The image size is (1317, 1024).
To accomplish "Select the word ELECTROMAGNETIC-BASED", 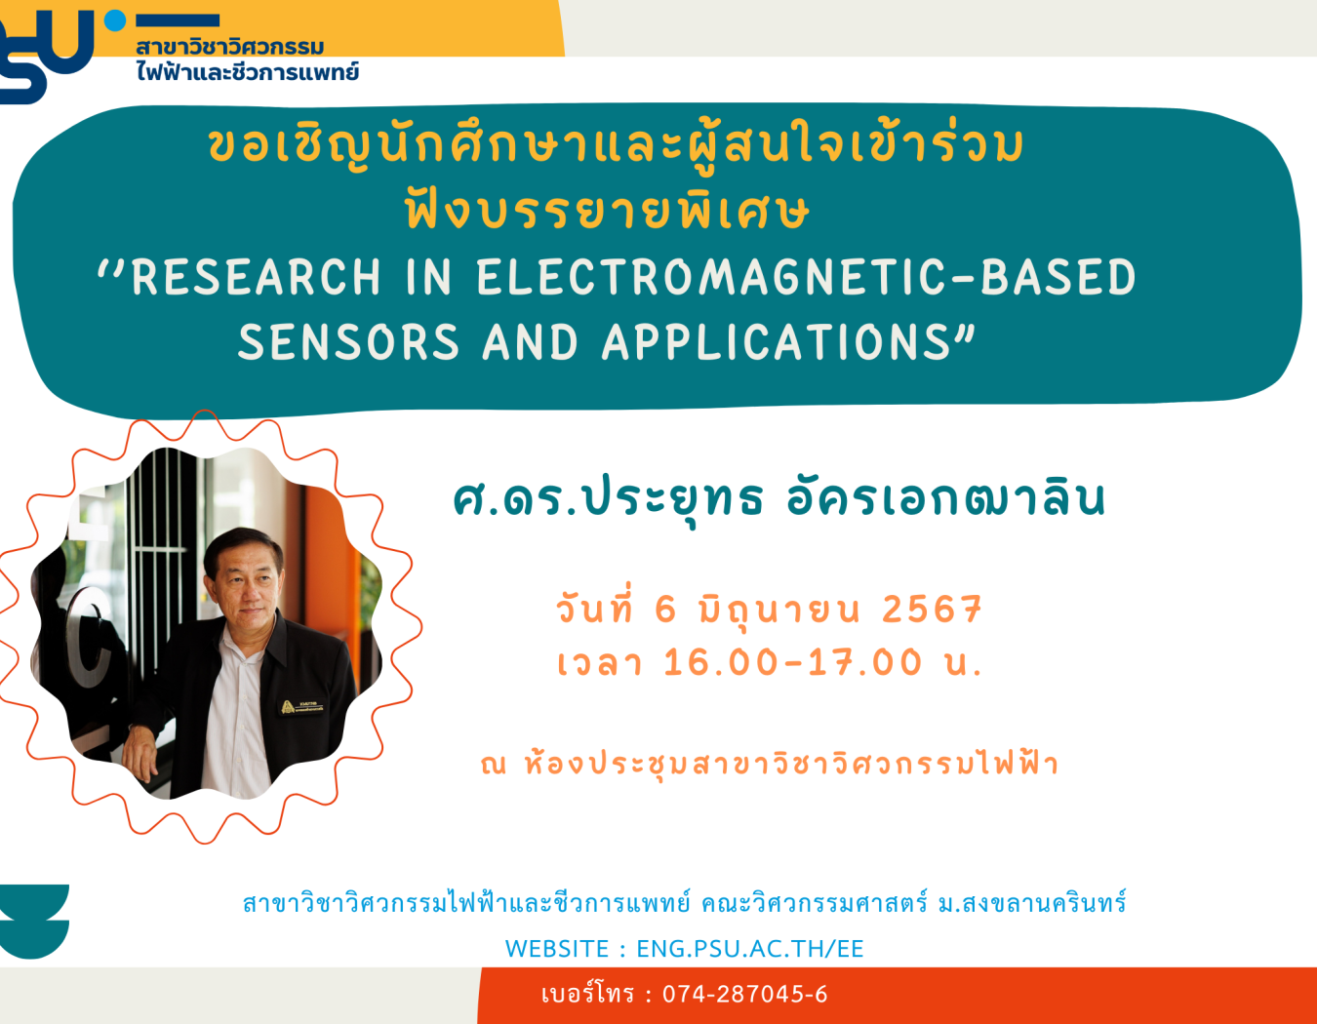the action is [806, 277].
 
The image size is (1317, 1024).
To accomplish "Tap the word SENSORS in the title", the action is [348, 341].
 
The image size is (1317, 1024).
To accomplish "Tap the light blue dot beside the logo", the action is [114, 20].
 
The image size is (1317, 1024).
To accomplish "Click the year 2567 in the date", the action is [931, 609].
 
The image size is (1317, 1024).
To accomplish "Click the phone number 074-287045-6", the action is [745, 995].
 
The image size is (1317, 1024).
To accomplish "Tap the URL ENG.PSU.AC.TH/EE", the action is [749, 949].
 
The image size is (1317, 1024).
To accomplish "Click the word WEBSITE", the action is [557, 949].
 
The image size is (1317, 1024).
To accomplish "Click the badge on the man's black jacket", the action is [300, 706].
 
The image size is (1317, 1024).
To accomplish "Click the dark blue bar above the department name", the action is [178, 20].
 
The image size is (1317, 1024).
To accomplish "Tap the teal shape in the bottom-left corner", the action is [34, 921].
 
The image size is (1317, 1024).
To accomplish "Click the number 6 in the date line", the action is [665, 609].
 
